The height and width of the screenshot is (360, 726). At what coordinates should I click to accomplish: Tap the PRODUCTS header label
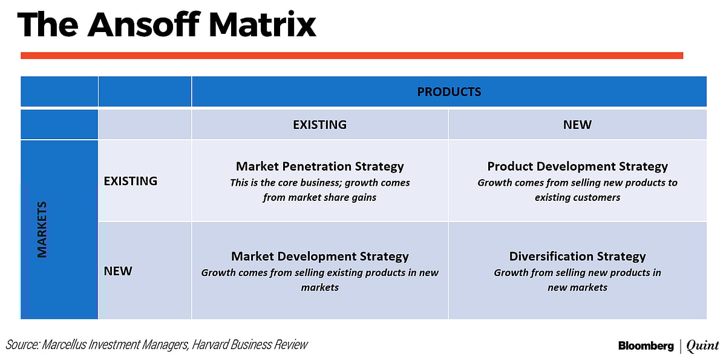(449, 92)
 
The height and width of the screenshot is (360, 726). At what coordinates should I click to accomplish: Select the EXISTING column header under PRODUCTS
(319, 125)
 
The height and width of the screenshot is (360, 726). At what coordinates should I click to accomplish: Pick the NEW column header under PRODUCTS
(577, 125)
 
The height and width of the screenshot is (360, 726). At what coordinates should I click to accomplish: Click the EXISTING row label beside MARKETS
(131, 181)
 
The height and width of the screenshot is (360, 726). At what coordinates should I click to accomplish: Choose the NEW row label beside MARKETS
(118, 270)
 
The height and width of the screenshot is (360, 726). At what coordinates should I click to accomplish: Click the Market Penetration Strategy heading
(319, 166)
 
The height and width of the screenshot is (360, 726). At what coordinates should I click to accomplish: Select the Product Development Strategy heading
(577, 166)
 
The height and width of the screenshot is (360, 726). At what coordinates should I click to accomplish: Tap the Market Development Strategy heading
(319, 257)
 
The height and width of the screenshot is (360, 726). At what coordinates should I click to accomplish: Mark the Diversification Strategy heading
(577, 257)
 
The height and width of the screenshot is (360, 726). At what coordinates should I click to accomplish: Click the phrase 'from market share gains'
(319, 197)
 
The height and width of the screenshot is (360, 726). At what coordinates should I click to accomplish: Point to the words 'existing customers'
(577, 197)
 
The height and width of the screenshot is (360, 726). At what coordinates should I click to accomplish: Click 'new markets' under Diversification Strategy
(577, 287)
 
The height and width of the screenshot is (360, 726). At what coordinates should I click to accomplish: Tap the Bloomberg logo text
(646, 346)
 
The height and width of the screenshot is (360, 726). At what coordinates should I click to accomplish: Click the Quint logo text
(703, 346)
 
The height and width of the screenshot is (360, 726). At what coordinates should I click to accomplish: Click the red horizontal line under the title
(352, 56)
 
